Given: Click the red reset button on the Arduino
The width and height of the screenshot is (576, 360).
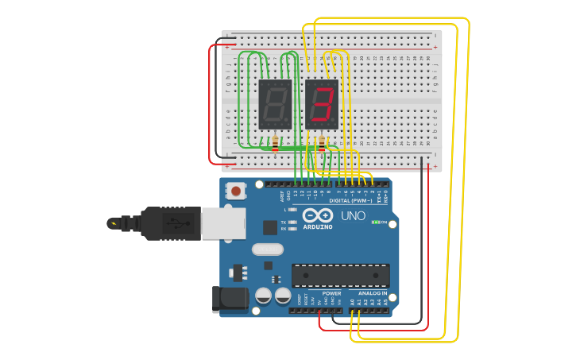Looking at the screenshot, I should pyautogui.click(x=236, y=192).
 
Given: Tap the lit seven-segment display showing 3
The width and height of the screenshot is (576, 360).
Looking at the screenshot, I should pyautogui.click(x=322, y=104).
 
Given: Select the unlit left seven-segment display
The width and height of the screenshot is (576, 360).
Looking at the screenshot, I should pyautogui.click(x=275, y=104).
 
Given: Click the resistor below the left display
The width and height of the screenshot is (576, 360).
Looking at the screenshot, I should pyautogui.click(x=275, y=144).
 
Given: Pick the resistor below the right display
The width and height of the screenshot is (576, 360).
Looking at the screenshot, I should pyautogui.click(x=322, y=144).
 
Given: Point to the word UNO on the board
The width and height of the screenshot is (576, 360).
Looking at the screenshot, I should pyautogui.click(x=353, y=216).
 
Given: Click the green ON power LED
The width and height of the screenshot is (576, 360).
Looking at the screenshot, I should pyautogui.click(x=375, y=223).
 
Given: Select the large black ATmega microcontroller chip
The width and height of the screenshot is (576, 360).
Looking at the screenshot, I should pyautogui.click(x=340, y=275).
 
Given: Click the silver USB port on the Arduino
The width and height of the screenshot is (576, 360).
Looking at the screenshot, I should pyautogui.click(x=222, y=223).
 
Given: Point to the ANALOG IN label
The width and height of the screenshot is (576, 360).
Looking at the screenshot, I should pyautogui.click(x=369, y=293).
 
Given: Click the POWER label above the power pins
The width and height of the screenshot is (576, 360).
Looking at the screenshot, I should pyautogui.click(x=331, y=293).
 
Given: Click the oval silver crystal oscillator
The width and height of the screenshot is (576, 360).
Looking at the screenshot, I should pyautogui.click(x=268, y=250).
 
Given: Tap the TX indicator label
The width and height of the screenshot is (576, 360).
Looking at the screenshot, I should pyautogui.click(x=284, y=222).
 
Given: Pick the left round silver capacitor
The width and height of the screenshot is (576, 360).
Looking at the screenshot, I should pyautogui.click(x=264, y=296).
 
